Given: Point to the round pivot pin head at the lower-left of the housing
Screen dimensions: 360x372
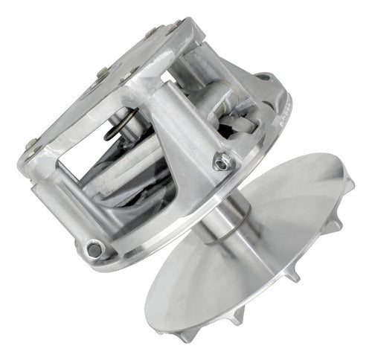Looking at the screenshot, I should click(x=93, y=249).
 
